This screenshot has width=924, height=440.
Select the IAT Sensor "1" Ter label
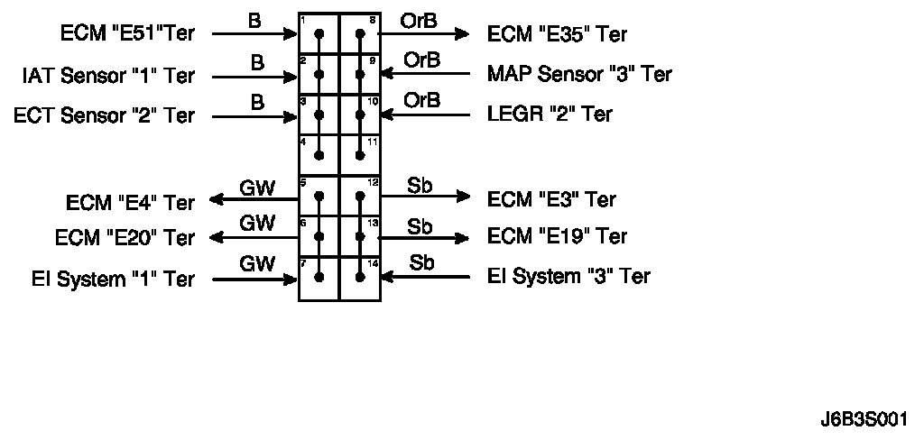107,76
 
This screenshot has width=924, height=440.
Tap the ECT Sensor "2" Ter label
104,115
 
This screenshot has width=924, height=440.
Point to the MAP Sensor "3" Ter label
579,73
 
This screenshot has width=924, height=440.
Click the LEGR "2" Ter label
550,115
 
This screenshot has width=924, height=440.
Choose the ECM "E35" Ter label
557,34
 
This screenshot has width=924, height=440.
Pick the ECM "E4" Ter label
130,203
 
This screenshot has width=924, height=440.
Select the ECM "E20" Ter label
125,238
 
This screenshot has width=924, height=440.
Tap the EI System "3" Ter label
568,276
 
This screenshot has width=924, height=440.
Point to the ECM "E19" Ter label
557,236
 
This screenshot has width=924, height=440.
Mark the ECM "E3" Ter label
551,198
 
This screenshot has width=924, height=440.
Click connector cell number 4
319,155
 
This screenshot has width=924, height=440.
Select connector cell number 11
359,155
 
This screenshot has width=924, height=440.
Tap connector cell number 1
319,33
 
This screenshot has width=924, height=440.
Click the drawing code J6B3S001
864,420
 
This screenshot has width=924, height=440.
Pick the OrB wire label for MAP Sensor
421,60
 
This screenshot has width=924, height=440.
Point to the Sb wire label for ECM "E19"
420,225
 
